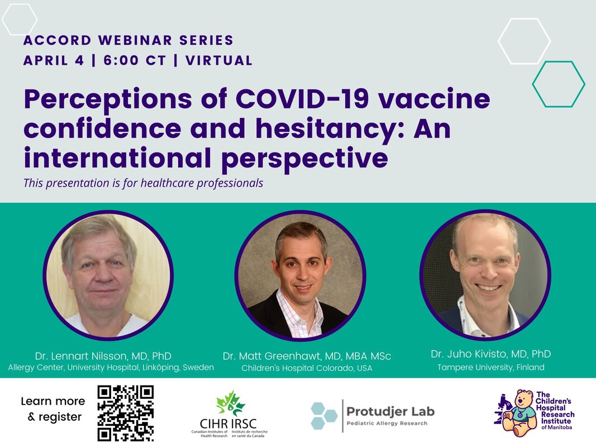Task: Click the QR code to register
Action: pyautogui.click(x=126, y=413)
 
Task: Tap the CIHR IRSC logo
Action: pyautogui.click(x=229, y=414)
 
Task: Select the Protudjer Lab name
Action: pyautogui.click(x=390, y=411)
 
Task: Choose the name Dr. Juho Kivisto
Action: pyautogui.click(x=469, y=354)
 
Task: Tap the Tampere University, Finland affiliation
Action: pyautogui.click(x=491, y=367)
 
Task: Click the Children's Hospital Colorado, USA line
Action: pyautogui.click(x=307, y=368)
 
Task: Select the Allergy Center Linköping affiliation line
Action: pyautogui.click(x=111, y=368)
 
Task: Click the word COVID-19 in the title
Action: pyautogui.click(x=302, y=98)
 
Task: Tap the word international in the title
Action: pyautogui.click(x=117, y=158)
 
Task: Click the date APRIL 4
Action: pyautogui.click(x=54, y=60)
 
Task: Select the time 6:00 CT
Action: pyautogui.click(x=135, y=60)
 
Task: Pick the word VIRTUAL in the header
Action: pyautogui.click(x=219, y=60)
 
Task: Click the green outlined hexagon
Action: pyautogui.click(x=533, y=84)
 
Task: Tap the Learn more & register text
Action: pyautogui.click(x=53, y=409)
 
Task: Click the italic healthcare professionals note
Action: pyautogui.click(x=144, y=183)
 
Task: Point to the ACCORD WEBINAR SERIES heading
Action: pyautogui.click(x=128, y=40)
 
